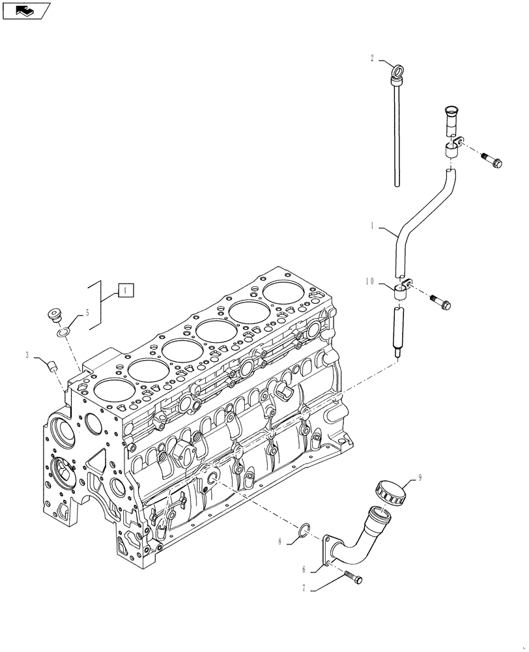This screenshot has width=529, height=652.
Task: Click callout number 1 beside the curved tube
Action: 372,226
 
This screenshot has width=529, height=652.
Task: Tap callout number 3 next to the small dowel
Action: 27,355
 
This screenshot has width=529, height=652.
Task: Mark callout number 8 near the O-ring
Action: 281,541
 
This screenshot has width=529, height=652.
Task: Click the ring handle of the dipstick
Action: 396,69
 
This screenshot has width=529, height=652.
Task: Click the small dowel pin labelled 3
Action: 51,364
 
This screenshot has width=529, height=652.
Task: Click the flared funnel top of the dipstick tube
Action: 451,115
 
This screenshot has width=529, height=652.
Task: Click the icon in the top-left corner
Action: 25,10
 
